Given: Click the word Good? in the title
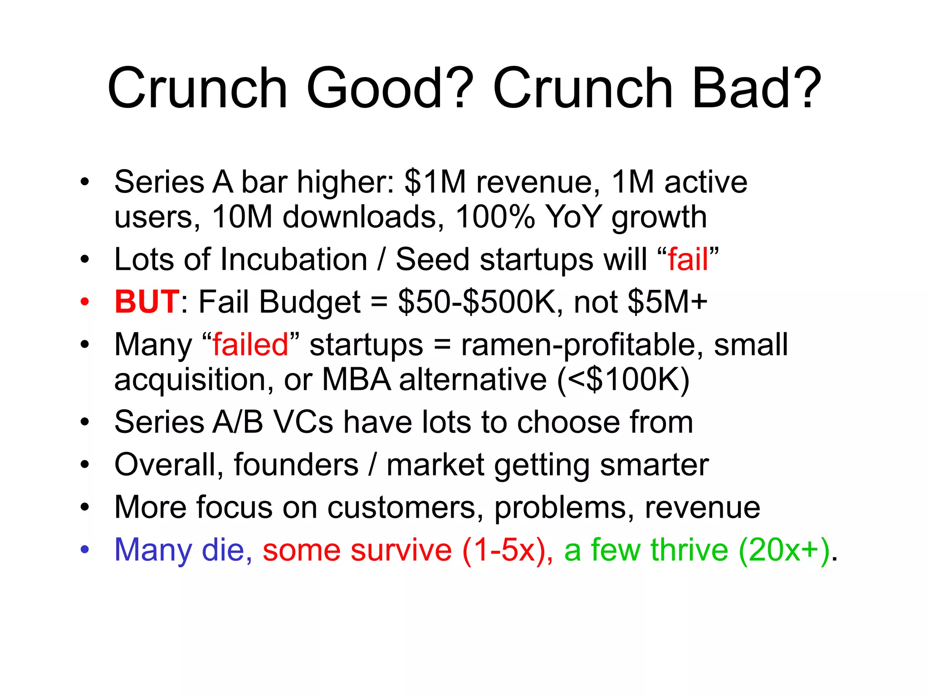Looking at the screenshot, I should click(x=390, y=88).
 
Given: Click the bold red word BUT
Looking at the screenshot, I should click(x=147, y=302).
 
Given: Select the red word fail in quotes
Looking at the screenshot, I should click(x=688, y=260).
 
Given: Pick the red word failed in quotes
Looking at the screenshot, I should click(x=250, y=344).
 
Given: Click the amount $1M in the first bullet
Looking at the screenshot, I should click(x=435, y=182).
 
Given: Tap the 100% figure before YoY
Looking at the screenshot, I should click(x=495, y=217).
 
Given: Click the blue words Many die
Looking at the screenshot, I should click(x=180, y=550).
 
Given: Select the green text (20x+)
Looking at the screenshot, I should click(x=785, y=550).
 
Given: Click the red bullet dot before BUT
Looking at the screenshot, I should click(x=85, y=302).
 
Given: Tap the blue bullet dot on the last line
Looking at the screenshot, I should click(x=85, y=550).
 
